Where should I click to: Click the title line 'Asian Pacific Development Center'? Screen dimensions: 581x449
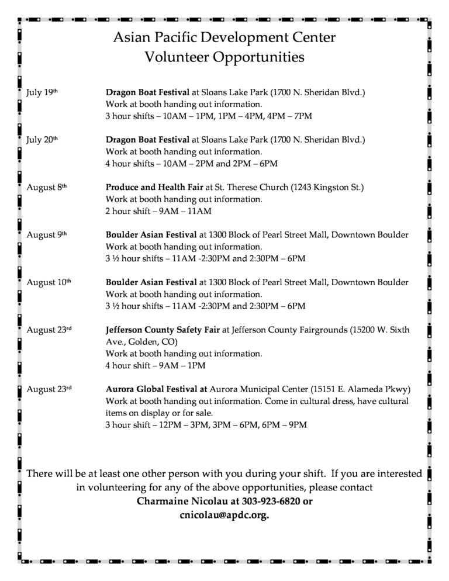(224, 38)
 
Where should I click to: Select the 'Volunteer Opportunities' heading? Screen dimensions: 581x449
(224, 57)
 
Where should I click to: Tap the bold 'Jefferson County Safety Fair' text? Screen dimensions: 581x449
(163, 330)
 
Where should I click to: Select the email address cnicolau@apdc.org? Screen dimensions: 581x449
(224, 516)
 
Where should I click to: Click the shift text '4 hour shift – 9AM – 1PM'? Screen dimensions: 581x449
(156, 365)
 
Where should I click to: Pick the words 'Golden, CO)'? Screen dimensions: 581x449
(152, 341)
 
